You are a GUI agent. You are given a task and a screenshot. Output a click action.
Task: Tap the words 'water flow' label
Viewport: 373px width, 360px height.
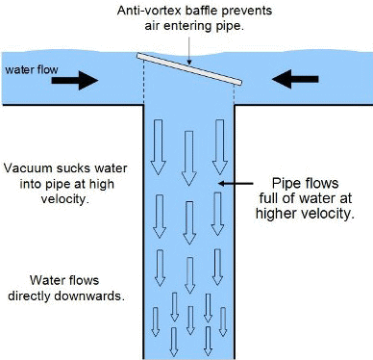31,70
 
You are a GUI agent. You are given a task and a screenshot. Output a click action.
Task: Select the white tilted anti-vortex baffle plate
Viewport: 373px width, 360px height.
188,66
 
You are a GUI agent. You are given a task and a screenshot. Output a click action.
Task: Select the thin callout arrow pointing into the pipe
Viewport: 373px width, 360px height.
233,183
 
